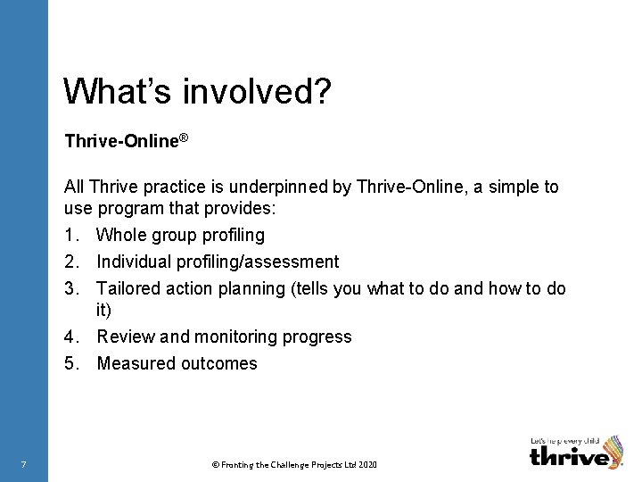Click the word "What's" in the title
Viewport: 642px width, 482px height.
pyautogui.click(x=108, y=91)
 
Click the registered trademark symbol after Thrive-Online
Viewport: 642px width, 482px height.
pyautogui.click(x=184, y=137)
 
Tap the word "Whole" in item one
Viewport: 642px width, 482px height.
pyautogui.click(x=119, y=236)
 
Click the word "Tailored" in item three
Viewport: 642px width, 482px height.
pyautogui.click(x=128, y=287)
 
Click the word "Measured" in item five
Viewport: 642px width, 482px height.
pyautogui.click(x=135, y=363)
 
